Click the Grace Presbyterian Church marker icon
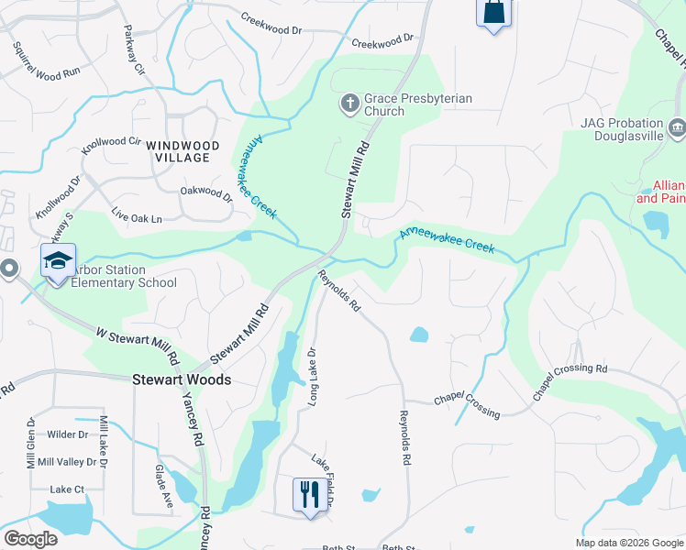[349, 104]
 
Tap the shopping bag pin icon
[493, 13]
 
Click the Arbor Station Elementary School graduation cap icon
[58, 263]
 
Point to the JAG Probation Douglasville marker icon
[678, 126]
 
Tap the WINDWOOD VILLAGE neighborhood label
[183, 151]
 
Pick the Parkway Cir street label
[135, 56]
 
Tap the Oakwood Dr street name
[207, 192]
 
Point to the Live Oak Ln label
[137, 218]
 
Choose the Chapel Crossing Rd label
[570, 380]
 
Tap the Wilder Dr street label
[68, 434]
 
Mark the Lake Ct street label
[67, 489]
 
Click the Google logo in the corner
[30, 539]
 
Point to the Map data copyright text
[629, 543]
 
